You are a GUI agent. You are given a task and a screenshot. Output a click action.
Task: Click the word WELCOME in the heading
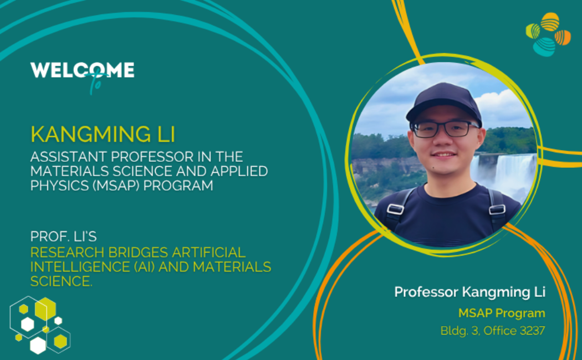click(82, 70)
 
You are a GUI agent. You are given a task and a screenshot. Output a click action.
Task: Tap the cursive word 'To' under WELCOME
click(96, 83)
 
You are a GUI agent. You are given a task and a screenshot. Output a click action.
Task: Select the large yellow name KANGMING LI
click(103, 134)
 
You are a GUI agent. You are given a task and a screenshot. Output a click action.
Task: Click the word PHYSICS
click(59, 186)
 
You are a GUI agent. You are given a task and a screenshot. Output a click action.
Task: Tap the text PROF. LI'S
click(64, 236)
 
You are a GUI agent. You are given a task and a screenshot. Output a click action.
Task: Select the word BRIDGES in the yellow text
click(138, 252)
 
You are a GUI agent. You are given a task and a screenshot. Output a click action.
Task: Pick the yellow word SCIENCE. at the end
click(61, 281)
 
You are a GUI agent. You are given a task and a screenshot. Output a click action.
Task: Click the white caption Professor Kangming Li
click(469, 292)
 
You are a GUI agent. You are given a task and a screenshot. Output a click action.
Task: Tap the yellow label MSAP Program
click(502, 313)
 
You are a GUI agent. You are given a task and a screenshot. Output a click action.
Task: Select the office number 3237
click(533, 330)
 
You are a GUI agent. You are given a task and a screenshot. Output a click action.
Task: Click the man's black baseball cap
click(445, 102)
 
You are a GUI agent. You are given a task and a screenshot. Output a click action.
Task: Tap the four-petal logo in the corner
click(548, 34)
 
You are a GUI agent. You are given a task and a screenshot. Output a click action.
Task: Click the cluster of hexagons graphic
click(40, 325)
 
